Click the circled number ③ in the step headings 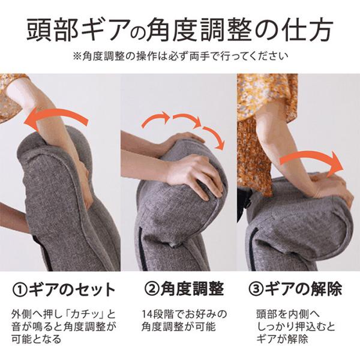tap(256, 289)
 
